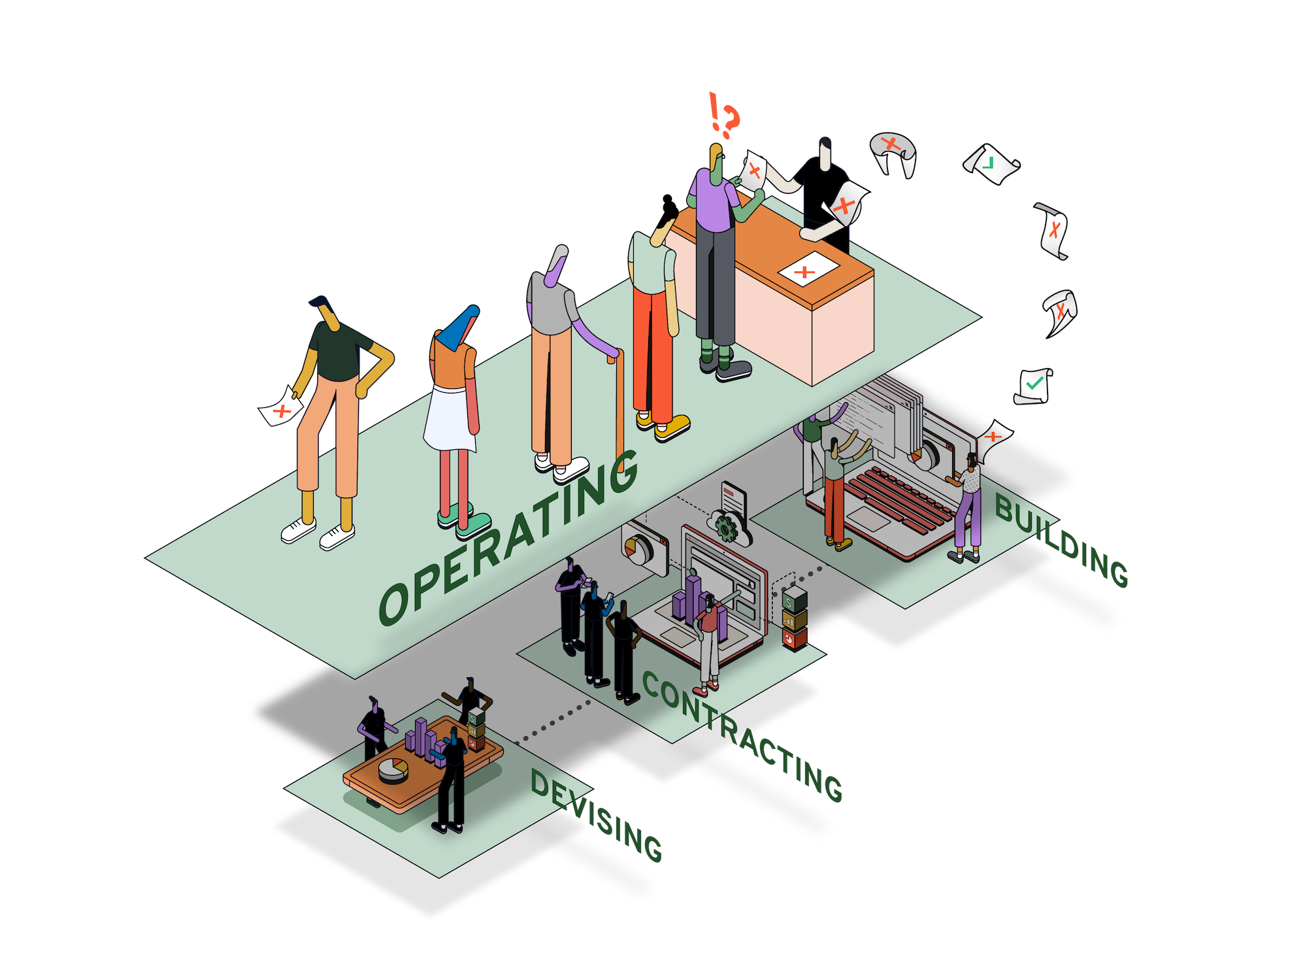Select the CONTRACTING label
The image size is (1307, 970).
coord(742,735)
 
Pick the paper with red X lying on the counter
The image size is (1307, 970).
coord(808,268)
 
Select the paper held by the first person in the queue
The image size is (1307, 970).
coord(282,407)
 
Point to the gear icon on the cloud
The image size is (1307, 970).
coord(725,527)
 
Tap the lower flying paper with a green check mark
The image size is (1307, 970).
coord(1033,386)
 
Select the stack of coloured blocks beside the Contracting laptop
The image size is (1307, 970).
coord(793,618)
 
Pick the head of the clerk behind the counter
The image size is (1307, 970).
coord(826,152)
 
